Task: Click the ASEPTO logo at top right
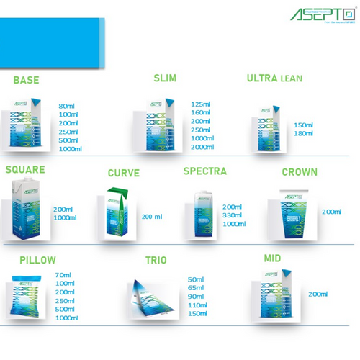(x=323, y=14)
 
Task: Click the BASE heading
(x=26, y=80)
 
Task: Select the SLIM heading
(x=165, y=77)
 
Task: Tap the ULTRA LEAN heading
(x=274, y=78)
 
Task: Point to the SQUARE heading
(x=25, y=171)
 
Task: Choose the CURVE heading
(x=123, y=174)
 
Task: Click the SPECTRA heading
(x=204, y=171)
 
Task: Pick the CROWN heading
(x=300, y=172)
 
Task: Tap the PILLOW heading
(x=37, y=260)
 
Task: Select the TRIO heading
(x=156, y=260)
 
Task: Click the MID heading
(x=272, y=258)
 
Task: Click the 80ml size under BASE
(x=67, y=106)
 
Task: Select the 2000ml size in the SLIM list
(x=202, y=147)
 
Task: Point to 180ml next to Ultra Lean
(x=304, y=133)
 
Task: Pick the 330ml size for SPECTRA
(x=233, y=215)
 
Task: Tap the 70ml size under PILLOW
(x=63, y=274)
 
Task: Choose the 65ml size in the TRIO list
(x=197, y=288)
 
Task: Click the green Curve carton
(x=115, y=213)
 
